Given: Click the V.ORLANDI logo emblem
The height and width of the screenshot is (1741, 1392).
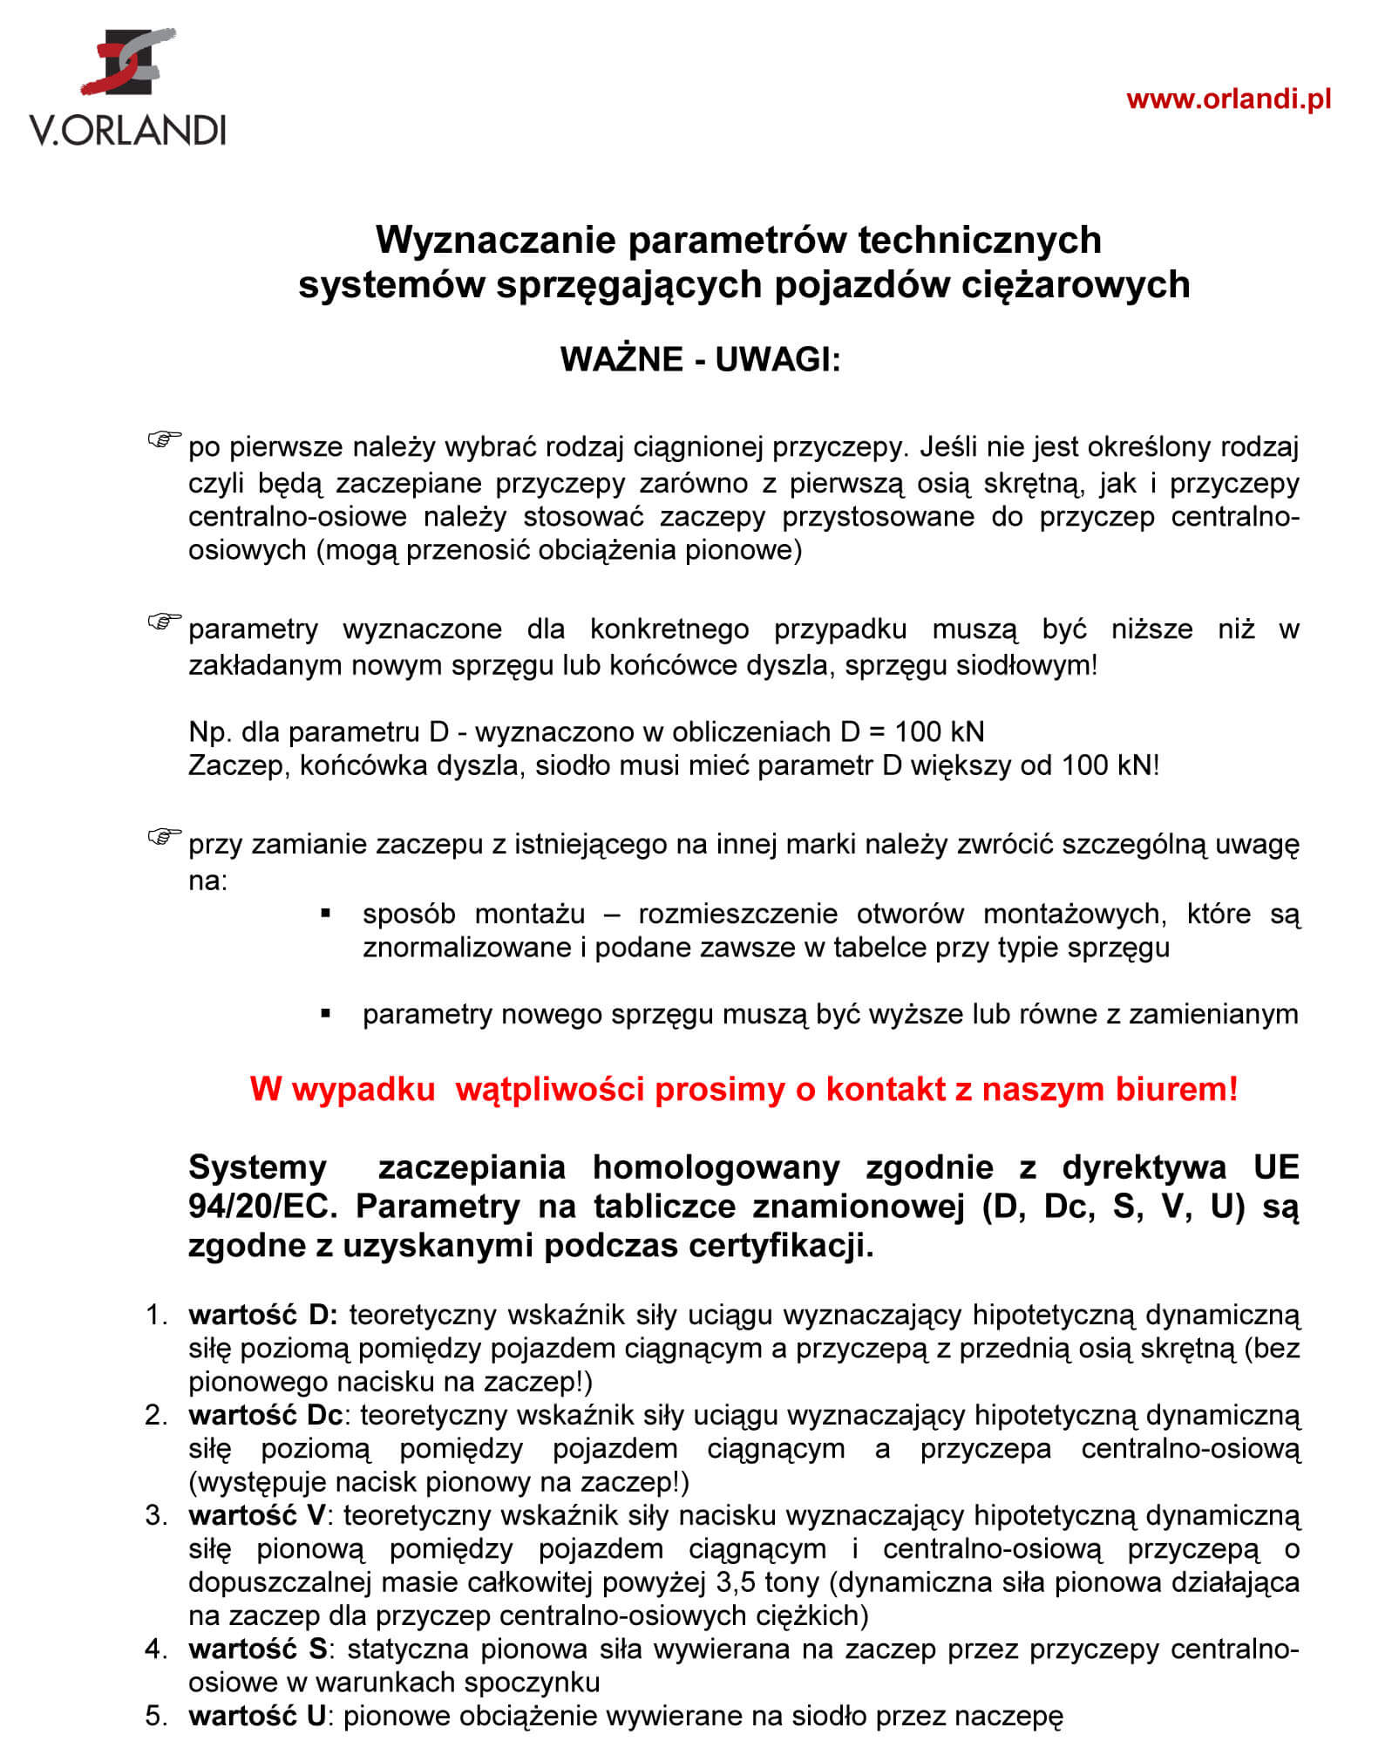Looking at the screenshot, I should click(128, 61).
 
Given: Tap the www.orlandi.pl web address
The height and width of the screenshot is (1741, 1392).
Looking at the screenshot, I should click(1228, 99).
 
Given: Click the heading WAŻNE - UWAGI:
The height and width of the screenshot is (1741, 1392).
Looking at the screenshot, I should click(700, 359).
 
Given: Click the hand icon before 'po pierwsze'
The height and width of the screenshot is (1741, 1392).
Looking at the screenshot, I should click(164, 439).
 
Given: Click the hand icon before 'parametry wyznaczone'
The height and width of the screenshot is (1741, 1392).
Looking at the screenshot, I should click(164, 621).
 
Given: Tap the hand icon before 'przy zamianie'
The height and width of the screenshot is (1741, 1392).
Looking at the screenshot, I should click(164, 837).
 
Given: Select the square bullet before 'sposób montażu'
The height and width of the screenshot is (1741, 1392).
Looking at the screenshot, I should click(326, 914).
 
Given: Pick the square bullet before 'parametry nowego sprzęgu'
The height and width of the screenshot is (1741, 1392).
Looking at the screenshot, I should click(326, 1013).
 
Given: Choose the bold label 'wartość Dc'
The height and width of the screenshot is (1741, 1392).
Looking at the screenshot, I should click(265, 1414).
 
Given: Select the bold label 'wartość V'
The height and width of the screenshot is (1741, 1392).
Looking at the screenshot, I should click(256, 1515).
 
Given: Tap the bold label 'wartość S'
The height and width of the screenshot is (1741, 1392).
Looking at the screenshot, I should click(257, 1649).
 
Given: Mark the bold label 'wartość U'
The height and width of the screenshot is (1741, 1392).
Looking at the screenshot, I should click(256, 1716).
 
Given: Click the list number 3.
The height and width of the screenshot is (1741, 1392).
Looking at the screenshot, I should click(155, 1515).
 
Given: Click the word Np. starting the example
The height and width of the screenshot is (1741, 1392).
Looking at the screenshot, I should click(207, 731).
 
